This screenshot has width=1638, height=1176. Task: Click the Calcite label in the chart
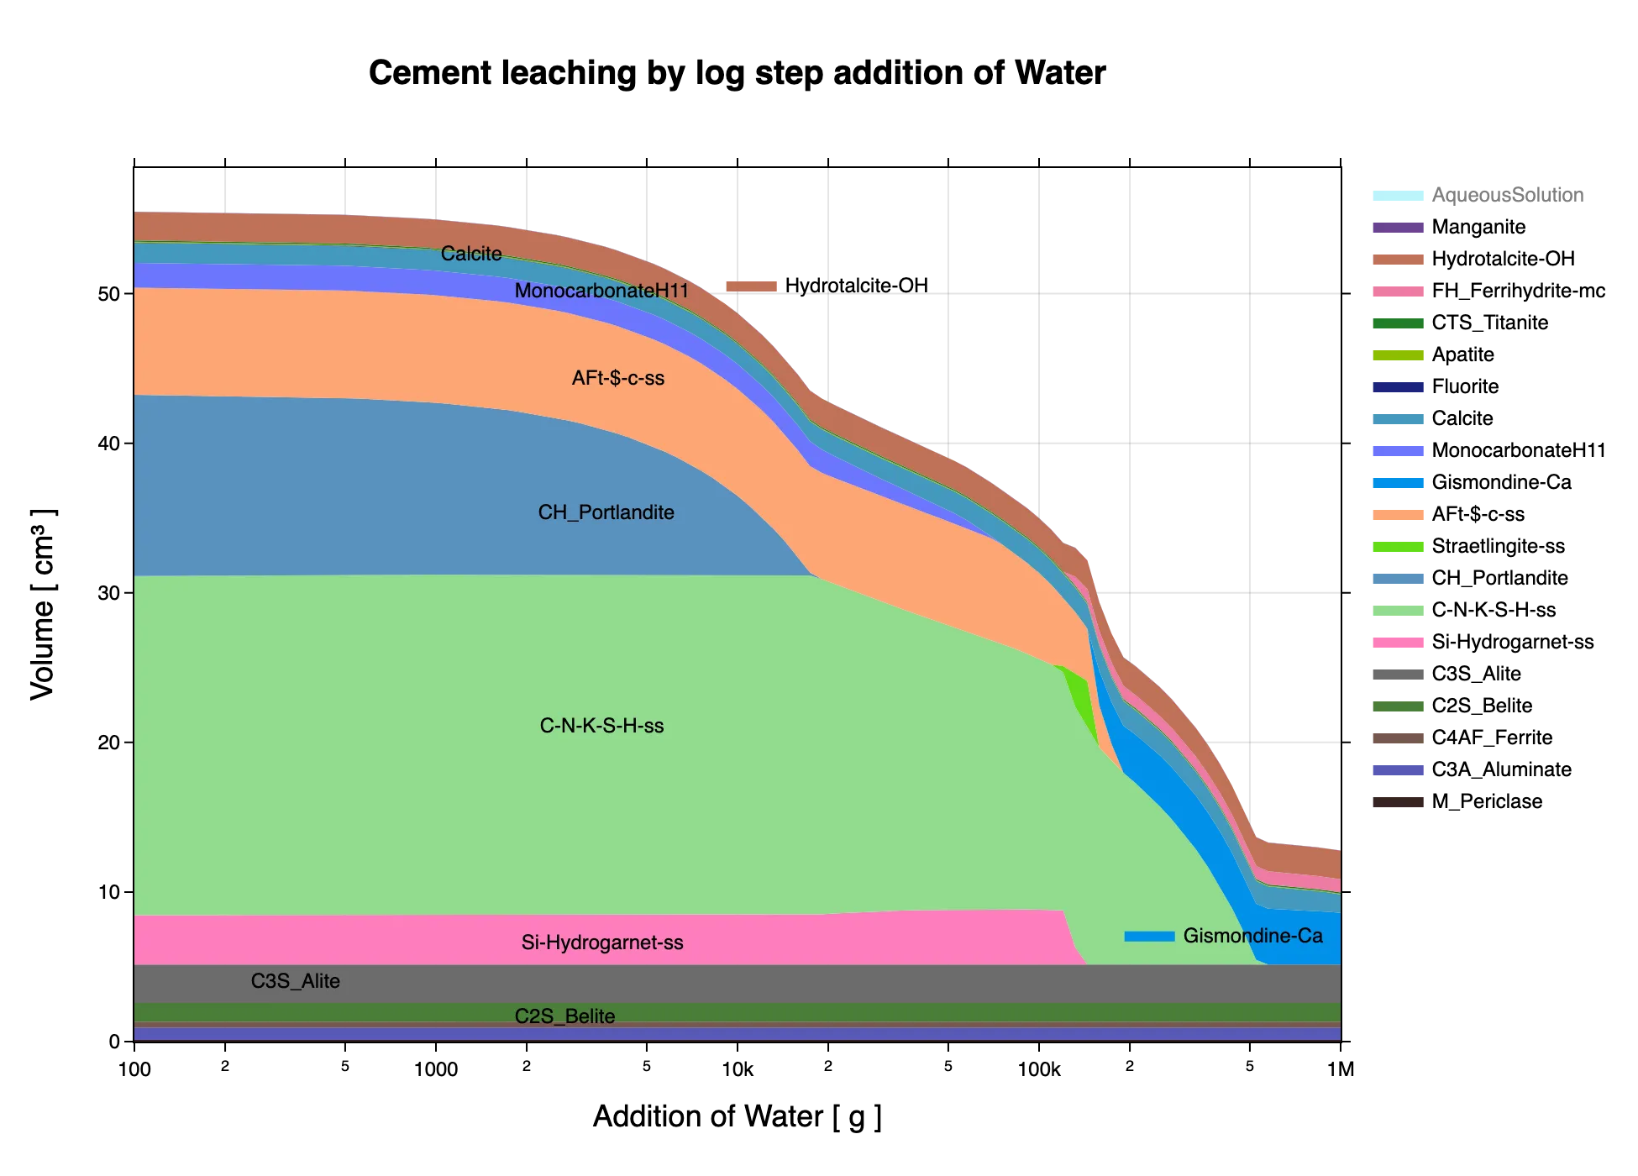[471, 254]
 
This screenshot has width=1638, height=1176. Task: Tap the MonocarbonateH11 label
[601, 291]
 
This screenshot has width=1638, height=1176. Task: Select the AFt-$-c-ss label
[618, 378]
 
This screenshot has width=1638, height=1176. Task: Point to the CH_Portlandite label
[606, 512]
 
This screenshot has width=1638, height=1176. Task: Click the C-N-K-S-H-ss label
[601, 726]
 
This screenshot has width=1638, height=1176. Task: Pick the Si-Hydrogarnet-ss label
[602, 942]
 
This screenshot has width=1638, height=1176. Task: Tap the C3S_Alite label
[296, 981]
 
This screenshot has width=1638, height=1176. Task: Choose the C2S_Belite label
[564, 1016]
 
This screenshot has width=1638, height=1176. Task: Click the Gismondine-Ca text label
[1252, 936]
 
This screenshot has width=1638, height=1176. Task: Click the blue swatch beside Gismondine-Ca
[1149, 936]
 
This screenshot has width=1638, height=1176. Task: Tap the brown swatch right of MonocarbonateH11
[752, 285]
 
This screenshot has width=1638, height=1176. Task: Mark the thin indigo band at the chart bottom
[738, 1034]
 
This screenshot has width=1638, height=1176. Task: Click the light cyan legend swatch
[1397, 195]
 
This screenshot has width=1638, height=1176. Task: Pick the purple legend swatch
[1397, 228]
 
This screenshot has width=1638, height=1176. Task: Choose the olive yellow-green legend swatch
[1397, 355]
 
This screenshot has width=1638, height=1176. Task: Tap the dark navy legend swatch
[1397, 387]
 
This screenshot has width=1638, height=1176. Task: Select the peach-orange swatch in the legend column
[1397, 514]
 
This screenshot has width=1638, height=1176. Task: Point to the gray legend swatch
[1397, 675]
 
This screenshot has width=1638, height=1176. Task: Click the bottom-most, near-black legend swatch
[1397, 802]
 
